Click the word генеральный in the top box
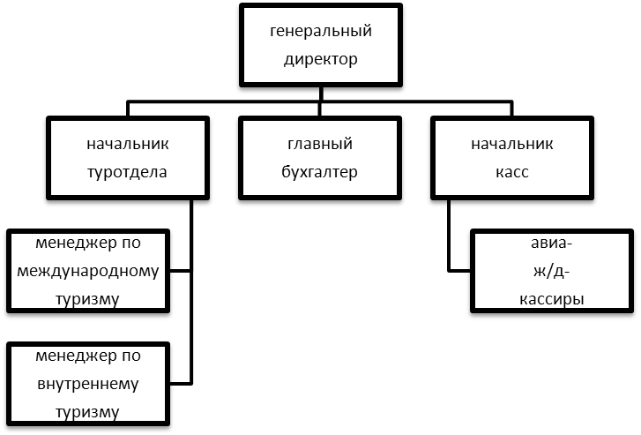(321, 33)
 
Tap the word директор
(321, 61)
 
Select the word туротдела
(127, 172)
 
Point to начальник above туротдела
(127, 144)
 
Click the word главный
(320, 144)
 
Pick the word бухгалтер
(320, 172)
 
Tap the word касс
(512, 172)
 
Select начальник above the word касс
(512, 144)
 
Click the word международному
(88, 270)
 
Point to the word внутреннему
(88, 384)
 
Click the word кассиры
(552, 299)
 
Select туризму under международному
(88, 299)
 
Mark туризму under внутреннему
(88, 412)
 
